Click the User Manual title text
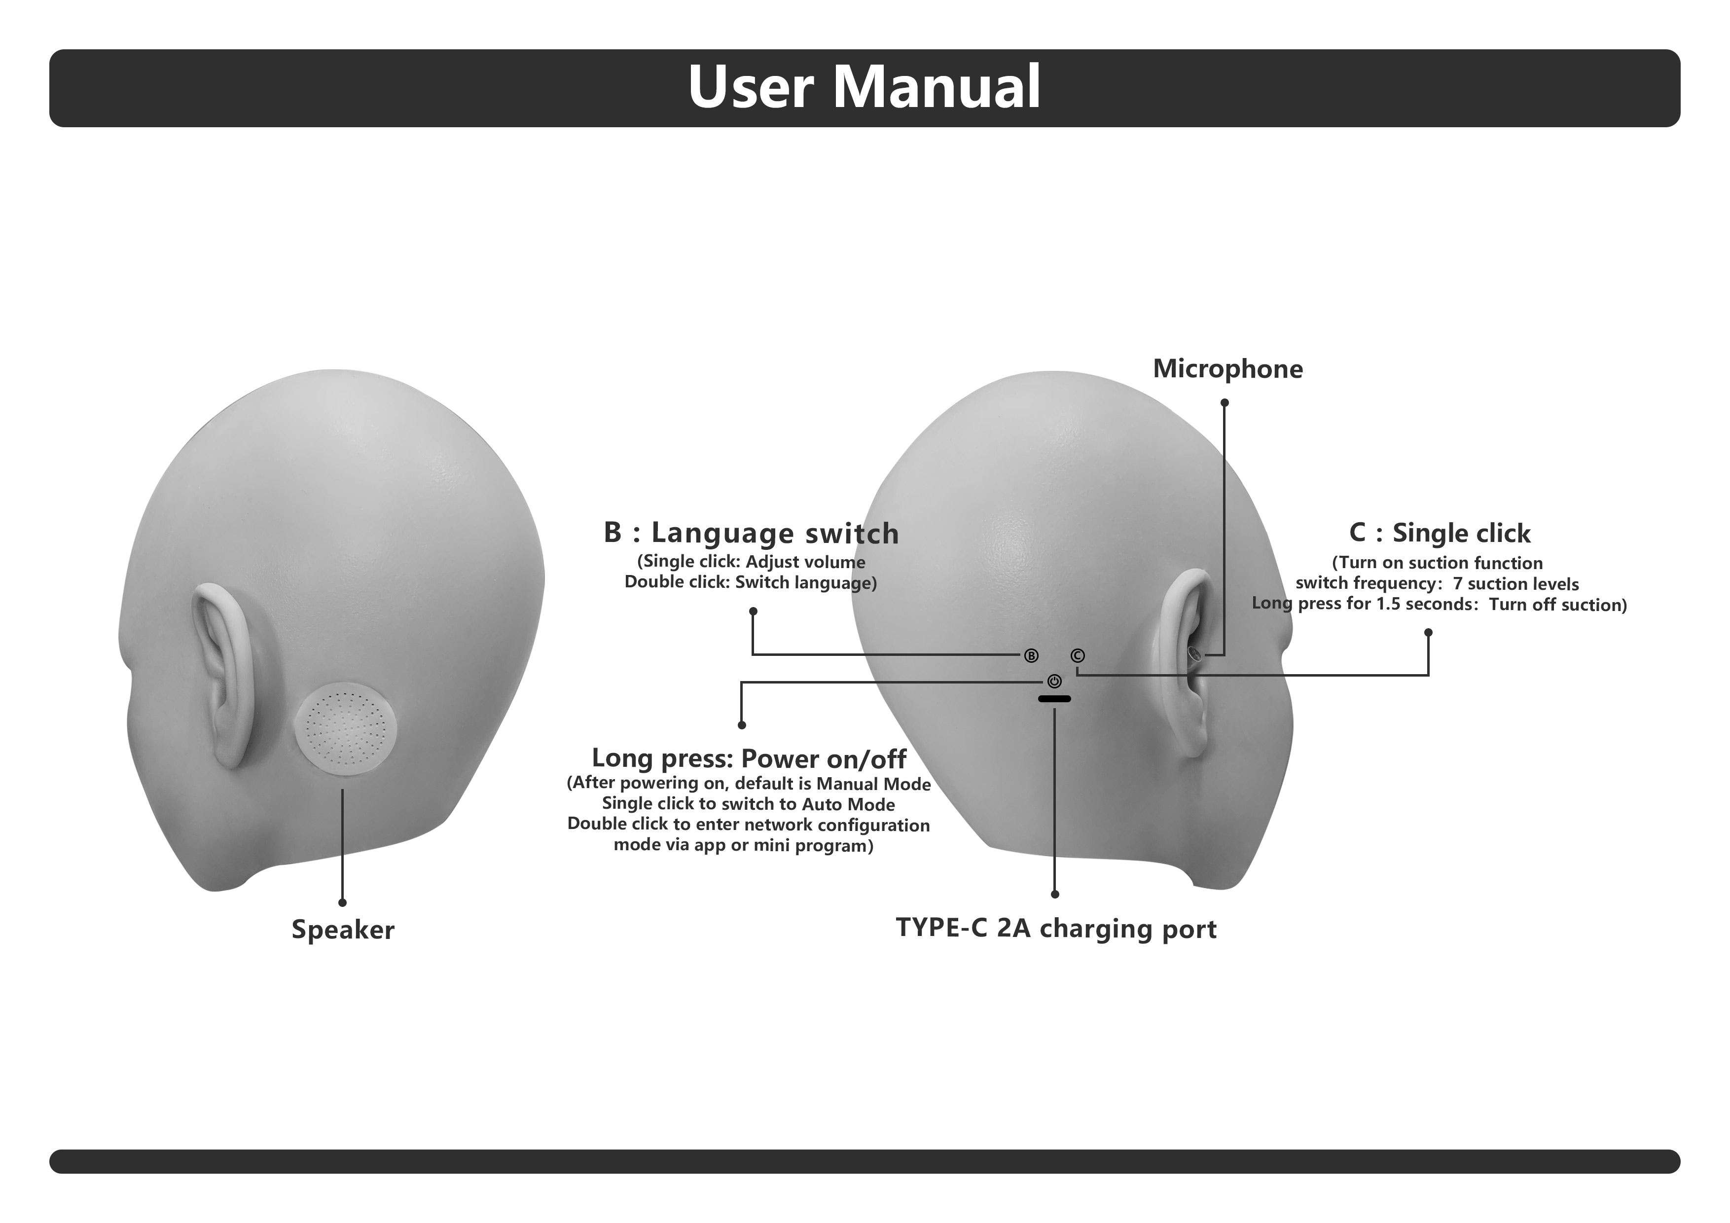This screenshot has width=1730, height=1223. (864, 87)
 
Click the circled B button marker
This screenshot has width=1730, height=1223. (1031, 655)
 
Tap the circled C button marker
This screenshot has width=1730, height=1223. (1078, 655)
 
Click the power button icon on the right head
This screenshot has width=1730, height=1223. (1054, 681)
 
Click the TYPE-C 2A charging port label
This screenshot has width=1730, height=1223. (1056, 929)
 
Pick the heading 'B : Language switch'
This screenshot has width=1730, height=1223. (751, 533)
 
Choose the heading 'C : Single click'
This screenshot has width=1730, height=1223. (1439, 533)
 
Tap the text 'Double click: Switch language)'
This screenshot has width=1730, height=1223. (751, 582)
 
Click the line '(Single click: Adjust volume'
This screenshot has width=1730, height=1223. (751, 562)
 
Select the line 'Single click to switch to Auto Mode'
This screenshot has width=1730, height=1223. (748, 804)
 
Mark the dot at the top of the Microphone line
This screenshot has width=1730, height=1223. (1225, 403)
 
